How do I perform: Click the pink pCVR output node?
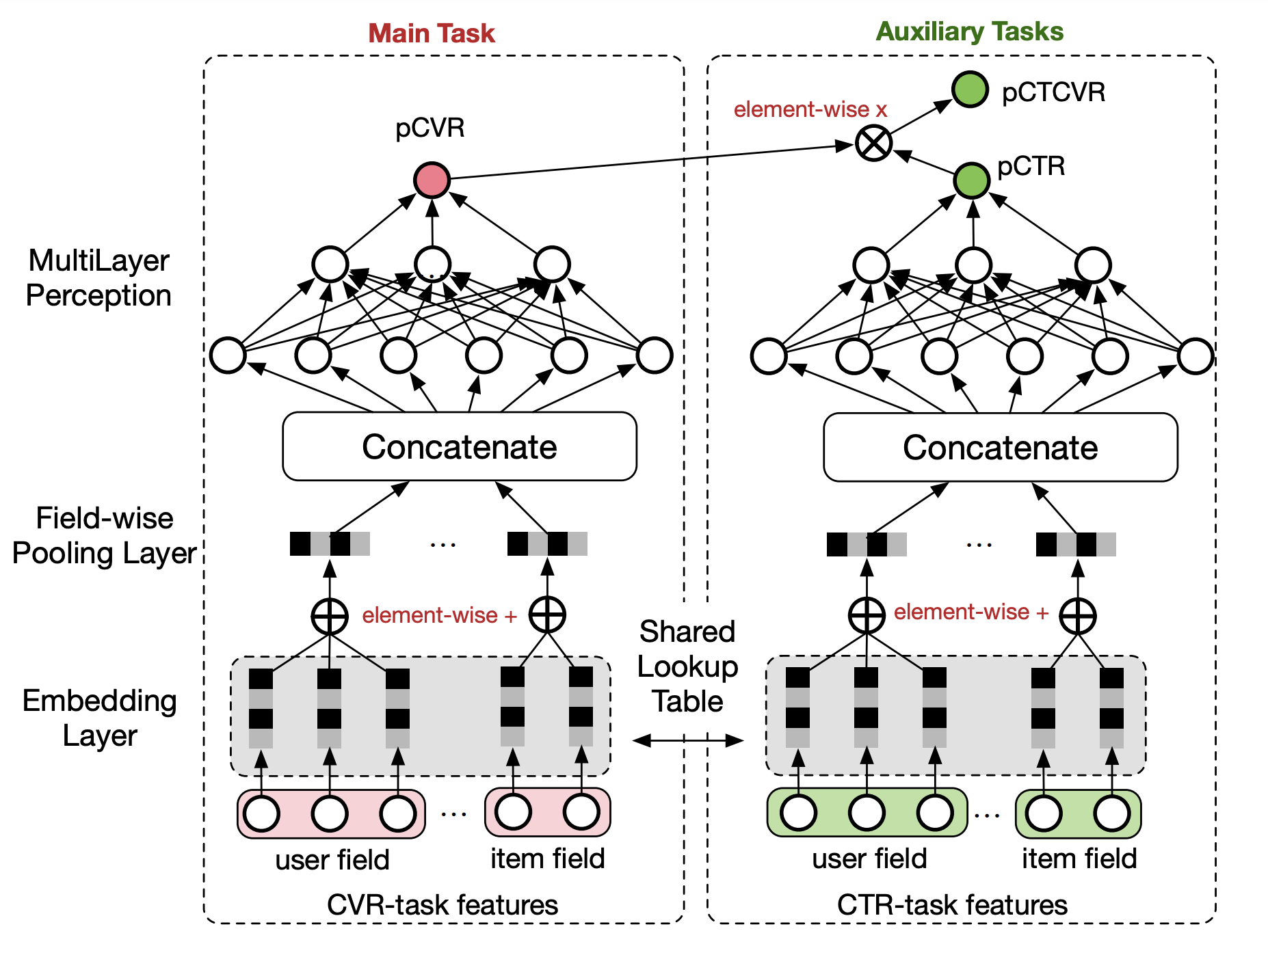click(x=432, y=180)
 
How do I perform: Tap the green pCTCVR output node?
click(x=970, y=90)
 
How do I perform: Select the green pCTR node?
click(x=971, y=180)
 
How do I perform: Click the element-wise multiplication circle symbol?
click(x=874, y=144)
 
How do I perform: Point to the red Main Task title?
click(x=431, y=33)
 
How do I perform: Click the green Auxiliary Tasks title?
click(x=969, y=31)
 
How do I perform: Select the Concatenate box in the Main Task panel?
click(x=460, y=446)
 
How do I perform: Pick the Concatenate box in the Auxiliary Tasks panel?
click(x=1000, y=447)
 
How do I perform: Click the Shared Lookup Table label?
click(x=687, y=666)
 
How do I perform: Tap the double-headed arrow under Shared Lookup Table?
click(x=687, y=740)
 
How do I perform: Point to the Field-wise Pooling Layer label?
click(x=104, y=535)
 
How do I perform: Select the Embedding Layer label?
click(x=100, y=718)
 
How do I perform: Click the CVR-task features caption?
click(x=442, y=904)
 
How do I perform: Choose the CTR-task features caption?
click(x=952, y=904)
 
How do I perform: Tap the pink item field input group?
click(x=547, y=813)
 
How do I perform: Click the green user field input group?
click(x=867, y=813)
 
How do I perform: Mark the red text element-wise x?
click(x=810, y=109)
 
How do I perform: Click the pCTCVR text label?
click(x=1053, y=92)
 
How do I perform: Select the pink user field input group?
click(x=331, y=813)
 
